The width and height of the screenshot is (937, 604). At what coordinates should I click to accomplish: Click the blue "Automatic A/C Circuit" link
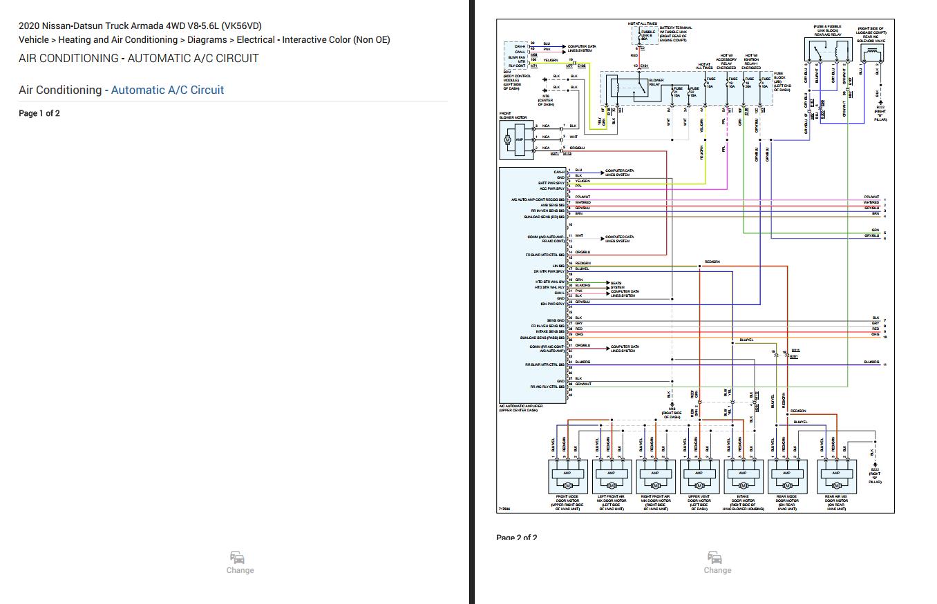point(167,90)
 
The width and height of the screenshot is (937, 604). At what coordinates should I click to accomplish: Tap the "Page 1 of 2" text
point(39,113)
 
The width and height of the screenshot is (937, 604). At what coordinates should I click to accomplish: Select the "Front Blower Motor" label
point(513,116)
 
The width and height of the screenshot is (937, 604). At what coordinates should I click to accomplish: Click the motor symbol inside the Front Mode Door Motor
point(567,486)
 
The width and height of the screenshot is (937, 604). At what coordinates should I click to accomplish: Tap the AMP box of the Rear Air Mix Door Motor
point(836,474)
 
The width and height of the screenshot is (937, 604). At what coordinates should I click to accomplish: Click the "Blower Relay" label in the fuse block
point(656,82)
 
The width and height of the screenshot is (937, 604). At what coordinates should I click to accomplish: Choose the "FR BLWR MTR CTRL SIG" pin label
point(546,255)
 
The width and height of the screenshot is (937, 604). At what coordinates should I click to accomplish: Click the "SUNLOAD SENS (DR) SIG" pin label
point(545,217)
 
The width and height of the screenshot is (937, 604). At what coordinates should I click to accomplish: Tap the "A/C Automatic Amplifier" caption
point(520,408)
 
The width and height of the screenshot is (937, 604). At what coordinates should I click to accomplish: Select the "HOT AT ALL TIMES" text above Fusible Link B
point(643,23)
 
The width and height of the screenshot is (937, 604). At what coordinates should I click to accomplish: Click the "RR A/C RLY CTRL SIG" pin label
point(548,387)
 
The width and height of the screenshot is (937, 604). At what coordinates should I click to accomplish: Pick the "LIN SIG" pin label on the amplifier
point(558,266)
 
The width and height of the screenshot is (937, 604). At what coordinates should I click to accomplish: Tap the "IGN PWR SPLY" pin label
point(553,304)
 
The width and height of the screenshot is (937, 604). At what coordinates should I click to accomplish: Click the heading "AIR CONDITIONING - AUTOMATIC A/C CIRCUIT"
point(138,58)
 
